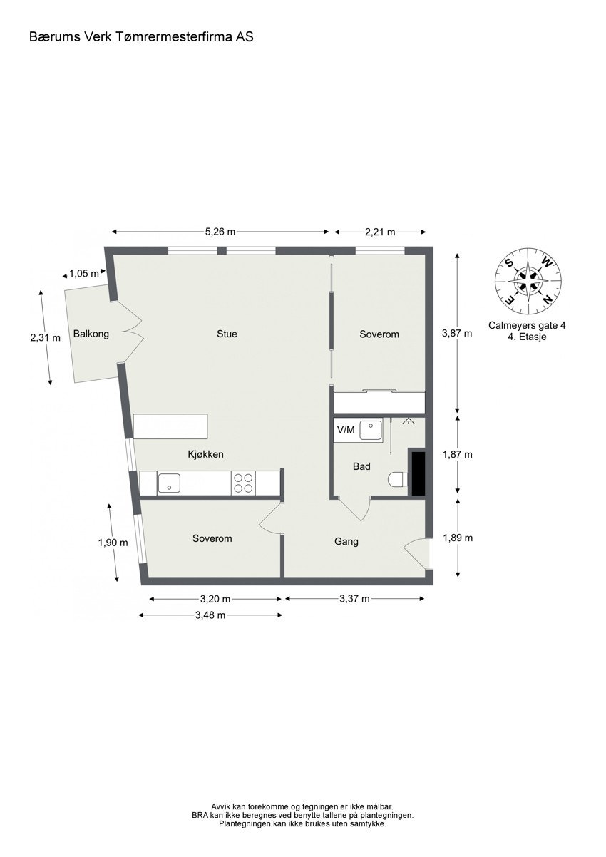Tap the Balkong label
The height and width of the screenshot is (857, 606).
[x=91, y=333]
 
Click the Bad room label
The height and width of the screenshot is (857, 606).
[x=361, y=467]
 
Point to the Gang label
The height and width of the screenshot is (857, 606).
[x=346, y=542]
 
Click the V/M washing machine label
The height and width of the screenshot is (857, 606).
[x=345, y=430]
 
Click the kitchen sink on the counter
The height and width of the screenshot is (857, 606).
[x=169, y=483]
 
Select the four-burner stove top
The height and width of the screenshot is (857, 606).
[x=243, y=483]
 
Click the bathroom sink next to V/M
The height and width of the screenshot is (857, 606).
[x=371, y=430]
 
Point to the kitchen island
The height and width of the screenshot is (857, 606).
[x=171, y=426]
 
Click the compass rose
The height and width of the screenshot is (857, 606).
[x=528, y=279]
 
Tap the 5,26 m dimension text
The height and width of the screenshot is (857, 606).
[x=220, y=232]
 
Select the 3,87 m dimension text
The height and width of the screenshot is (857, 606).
[x=457, y=333]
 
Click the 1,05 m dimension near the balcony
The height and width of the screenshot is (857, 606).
[x=83, y=273]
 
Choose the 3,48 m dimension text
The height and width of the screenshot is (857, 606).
[x=210, y=615]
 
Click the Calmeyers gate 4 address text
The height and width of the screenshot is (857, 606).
[x=527, y=325]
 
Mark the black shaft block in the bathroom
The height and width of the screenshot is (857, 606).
[x=416, y=472]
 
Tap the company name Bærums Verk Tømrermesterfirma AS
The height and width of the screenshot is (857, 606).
[x=141, y=36]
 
